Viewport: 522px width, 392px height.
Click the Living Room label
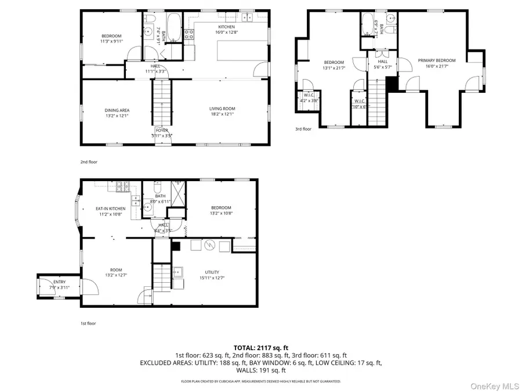point(222,109)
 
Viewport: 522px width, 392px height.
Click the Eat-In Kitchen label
point(110,208)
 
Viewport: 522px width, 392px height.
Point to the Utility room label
point(212,272)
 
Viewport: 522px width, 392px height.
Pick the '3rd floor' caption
point(303,129)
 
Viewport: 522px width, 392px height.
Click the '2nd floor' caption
point(88,163)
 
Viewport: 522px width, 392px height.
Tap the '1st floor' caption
point(88,323)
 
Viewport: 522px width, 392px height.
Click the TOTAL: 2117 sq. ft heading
point(260,347)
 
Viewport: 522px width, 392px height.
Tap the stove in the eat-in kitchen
point(123,187)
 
